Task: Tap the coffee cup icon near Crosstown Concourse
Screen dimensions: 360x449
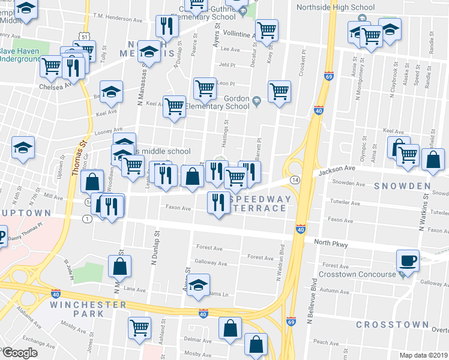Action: (x=408, y=260)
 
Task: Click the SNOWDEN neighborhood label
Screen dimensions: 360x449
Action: (x=403, y=186)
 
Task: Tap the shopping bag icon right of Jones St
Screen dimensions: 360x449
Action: (x=120, y=265)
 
